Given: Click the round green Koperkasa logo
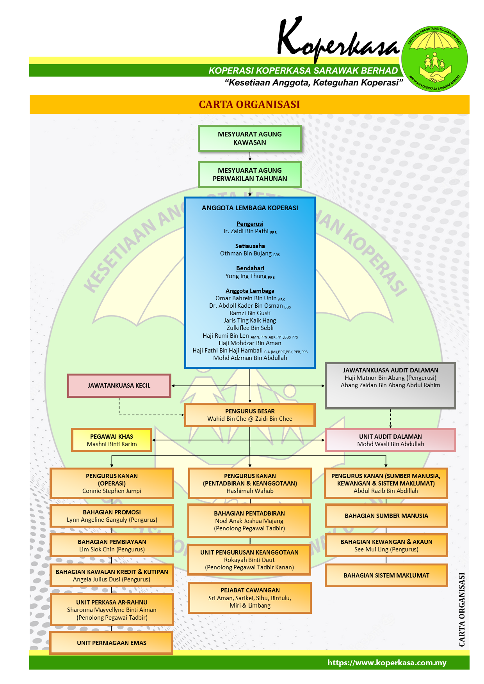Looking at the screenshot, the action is [434, 58].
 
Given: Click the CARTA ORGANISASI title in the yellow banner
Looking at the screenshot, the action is [249, 105].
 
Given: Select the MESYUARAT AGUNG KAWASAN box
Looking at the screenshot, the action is [250, 138].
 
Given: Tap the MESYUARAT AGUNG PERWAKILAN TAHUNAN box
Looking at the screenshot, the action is [250, 175].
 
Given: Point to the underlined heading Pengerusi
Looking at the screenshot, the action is [250, 224].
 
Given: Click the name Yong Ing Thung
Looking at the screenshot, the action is [246, 276].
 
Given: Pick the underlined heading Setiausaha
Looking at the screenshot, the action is [250, 246].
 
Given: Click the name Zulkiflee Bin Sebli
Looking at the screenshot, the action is [250, 328].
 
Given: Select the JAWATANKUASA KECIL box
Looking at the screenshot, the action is [119, 386].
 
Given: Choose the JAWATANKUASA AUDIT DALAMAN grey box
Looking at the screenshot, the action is [390, 386].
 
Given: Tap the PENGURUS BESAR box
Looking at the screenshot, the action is [250, 415].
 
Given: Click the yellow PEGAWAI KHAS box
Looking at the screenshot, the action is [112, 440].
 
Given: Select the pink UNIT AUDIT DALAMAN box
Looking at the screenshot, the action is [390, 440].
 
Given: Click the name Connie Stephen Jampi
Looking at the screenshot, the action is [112, 491].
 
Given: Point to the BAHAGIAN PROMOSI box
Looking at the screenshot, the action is [112, 516].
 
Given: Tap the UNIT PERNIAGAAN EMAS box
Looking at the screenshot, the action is [111, 643].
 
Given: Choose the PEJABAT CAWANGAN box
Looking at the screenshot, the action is [250, 598].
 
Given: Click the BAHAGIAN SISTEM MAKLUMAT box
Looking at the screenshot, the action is [386, 576].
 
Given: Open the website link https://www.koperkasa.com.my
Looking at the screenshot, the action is [387, 663].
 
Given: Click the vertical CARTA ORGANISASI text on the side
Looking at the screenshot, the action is [462, 609].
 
